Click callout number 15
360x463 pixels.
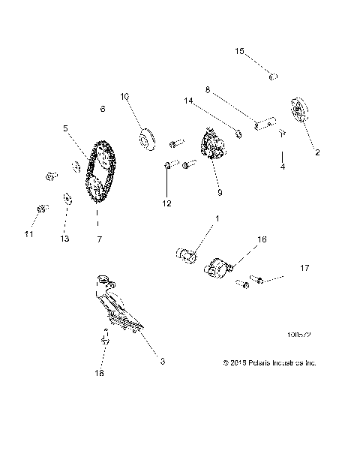pyautogui.click(x=239, y=51)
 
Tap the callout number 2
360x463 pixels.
pyautogui.click(x=316, y=153)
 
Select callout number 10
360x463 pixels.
pyautogui.click(x=124, y=96)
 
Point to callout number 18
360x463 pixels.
pyautogui.click(x=100, y=372)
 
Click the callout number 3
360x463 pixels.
pyautogui.click(x=163, y=361)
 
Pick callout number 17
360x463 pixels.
pyautogui.click(x=304, y=267)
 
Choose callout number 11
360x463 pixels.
pyautogui.click(x=28, y=235)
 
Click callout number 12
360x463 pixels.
pyautogui.click(x=166, y=203)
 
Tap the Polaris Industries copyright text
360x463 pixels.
pyautogui.click(x=270, y=362)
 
